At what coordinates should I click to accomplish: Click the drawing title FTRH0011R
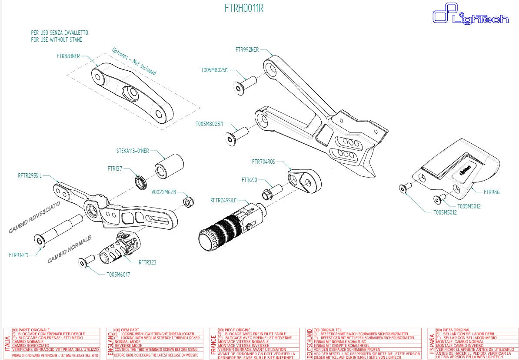click(244, 9)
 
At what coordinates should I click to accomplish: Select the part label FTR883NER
click(68, 56)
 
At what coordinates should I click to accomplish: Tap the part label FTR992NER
click(247, 50)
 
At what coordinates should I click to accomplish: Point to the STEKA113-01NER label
click(133, 151)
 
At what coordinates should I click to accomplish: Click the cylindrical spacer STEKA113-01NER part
click(170, 165)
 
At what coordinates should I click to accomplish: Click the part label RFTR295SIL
click(31, 176)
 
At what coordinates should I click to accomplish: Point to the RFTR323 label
click(147, 262)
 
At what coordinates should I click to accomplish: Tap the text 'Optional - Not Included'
click(134, 61)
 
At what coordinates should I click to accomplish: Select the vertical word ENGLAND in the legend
click(110, 343)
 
